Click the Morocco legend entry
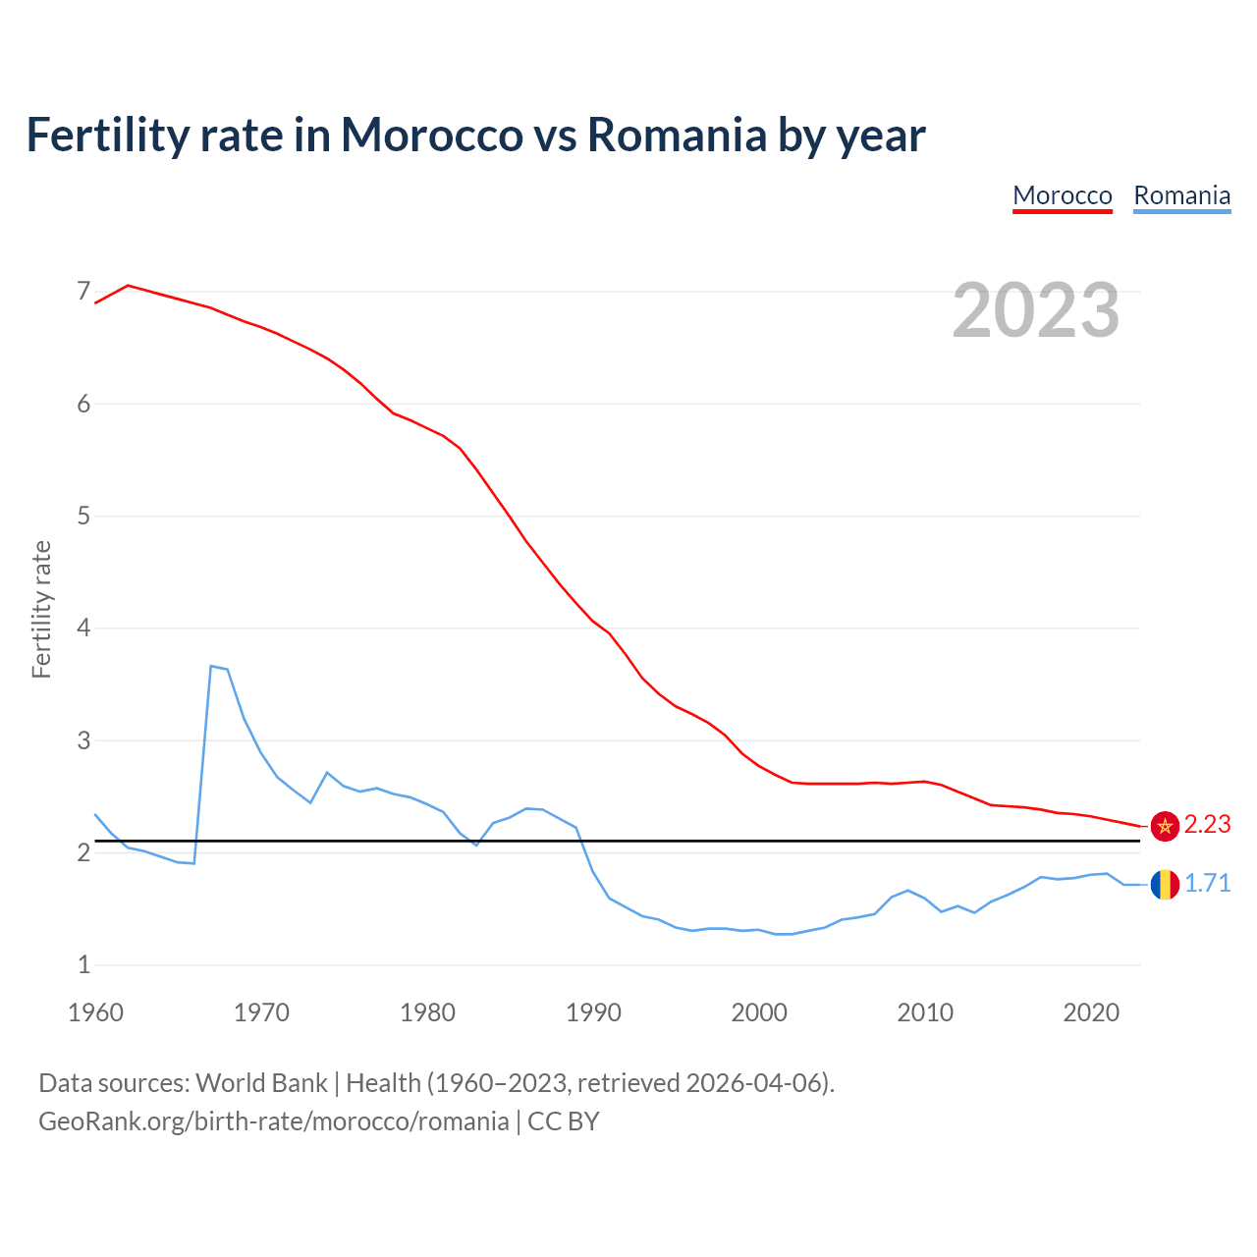[1062, 195]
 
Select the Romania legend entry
[1181, 195]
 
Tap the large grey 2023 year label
[1036, 310]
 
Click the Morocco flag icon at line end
[1165, 826]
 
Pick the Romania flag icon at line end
[1165, 884]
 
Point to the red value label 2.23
[1207, 825]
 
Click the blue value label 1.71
[1207, 884]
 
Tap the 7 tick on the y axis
[83, 292]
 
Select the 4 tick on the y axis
[83, 628]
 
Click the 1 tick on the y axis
[83, 964]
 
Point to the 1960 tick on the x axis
[95, 1012]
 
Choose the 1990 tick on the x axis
[593, 1012]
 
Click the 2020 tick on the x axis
[1091, 1012]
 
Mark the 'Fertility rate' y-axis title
[41, 609]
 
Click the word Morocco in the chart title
[431, 136]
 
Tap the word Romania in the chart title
[676, 136]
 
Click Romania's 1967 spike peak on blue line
[211, 666]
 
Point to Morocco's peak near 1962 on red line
[129, 285]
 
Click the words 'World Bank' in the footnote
[261, 1083]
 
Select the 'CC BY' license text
[563, 1121]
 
